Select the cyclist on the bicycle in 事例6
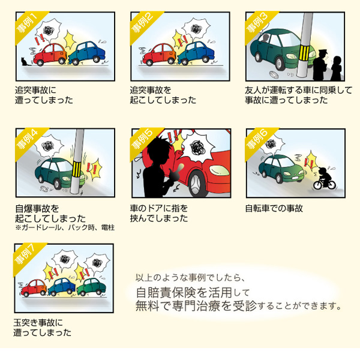point(324,176)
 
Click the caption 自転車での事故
point(274,209)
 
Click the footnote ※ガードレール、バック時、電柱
point(65,229)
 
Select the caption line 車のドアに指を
point(159,209)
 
